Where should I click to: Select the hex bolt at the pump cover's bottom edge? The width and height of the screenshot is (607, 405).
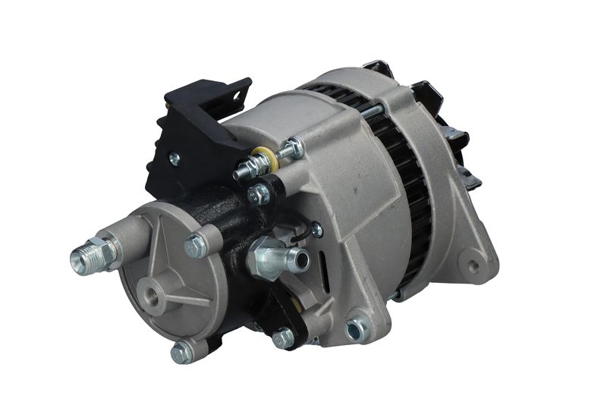click(x=181, y=352)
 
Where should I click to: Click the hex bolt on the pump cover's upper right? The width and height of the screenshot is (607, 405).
click(x=196, y=244)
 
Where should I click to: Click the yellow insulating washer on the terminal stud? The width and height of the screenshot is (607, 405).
click(x=263, y=160)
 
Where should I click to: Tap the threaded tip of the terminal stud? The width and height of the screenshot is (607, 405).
click(x=241, y=171)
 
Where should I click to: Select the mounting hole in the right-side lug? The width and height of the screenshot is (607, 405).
click(x=474, y=266)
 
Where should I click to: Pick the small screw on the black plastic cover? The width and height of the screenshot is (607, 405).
click(x=175, y=159)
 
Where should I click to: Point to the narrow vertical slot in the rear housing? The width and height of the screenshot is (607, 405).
click(x=327, y=268)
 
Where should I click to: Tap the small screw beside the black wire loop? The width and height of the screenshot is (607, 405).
click(x=316, y=229)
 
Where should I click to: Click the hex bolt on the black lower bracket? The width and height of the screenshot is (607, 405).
click(x=285, y=337)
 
